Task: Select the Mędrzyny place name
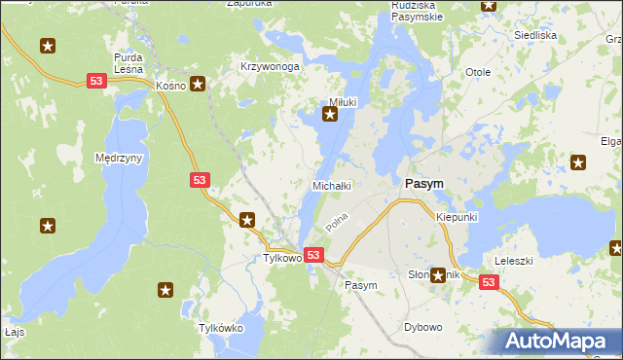pos(120,158)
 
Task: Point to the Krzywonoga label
pos(269,67)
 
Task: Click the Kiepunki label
pos(457,217)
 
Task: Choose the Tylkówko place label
pos(220,328)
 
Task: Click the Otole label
pos(478,73)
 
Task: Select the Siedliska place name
pos(534,35)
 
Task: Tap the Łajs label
pos(13,331)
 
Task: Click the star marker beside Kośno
pos(198,85)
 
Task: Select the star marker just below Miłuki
pos(330,117)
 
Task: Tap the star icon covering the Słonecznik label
pos(438,276)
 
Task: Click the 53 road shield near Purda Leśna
pos(95,81)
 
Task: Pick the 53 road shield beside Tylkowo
pos(312,255)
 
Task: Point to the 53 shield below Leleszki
pos(489,282)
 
